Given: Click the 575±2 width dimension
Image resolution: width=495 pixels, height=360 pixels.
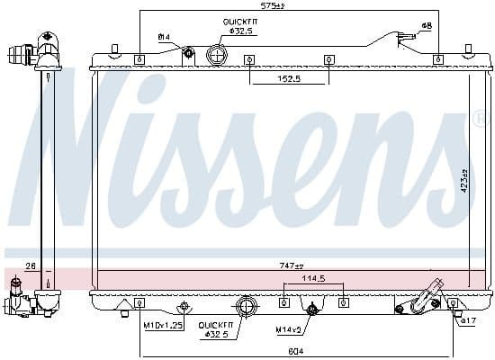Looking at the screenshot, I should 273,6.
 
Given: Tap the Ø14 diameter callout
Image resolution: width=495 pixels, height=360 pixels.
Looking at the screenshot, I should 164,37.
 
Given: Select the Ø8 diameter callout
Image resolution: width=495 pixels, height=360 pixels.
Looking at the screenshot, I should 427,25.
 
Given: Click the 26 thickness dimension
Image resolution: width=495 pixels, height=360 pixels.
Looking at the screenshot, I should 29,265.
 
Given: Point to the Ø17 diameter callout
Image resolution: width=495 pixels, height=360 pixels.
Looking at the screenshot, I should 468,319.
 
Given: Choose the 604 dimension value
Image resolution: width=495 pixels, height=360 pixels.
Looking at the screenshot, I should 297,351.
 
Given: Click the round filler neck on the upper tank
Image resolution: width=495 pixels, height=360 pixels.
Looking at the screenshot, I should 217,55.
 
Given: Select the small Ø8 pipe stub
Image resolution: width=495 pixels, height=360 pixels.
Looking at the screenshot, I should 406,37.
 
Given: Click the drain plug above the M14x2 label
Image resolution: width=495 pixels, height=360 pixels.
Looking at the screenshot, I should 311,311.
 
